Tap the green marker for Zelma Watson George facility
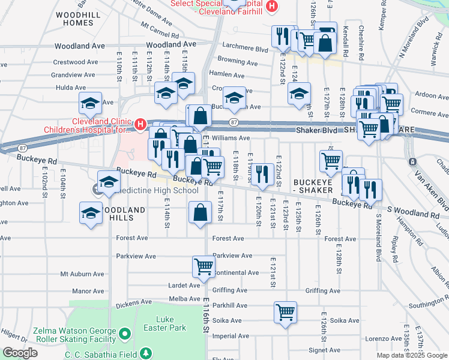124,332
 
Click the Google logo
20,353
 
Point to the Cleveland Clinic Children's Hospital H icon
140,124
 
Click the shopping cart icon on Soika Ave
285,311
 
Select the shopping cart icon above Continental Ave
203,266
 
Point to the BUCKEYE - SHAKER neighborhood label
312,185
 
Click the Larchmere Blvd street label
244,49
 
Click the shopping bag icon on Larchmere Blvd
325,43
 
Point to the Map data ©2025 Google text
412,355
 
